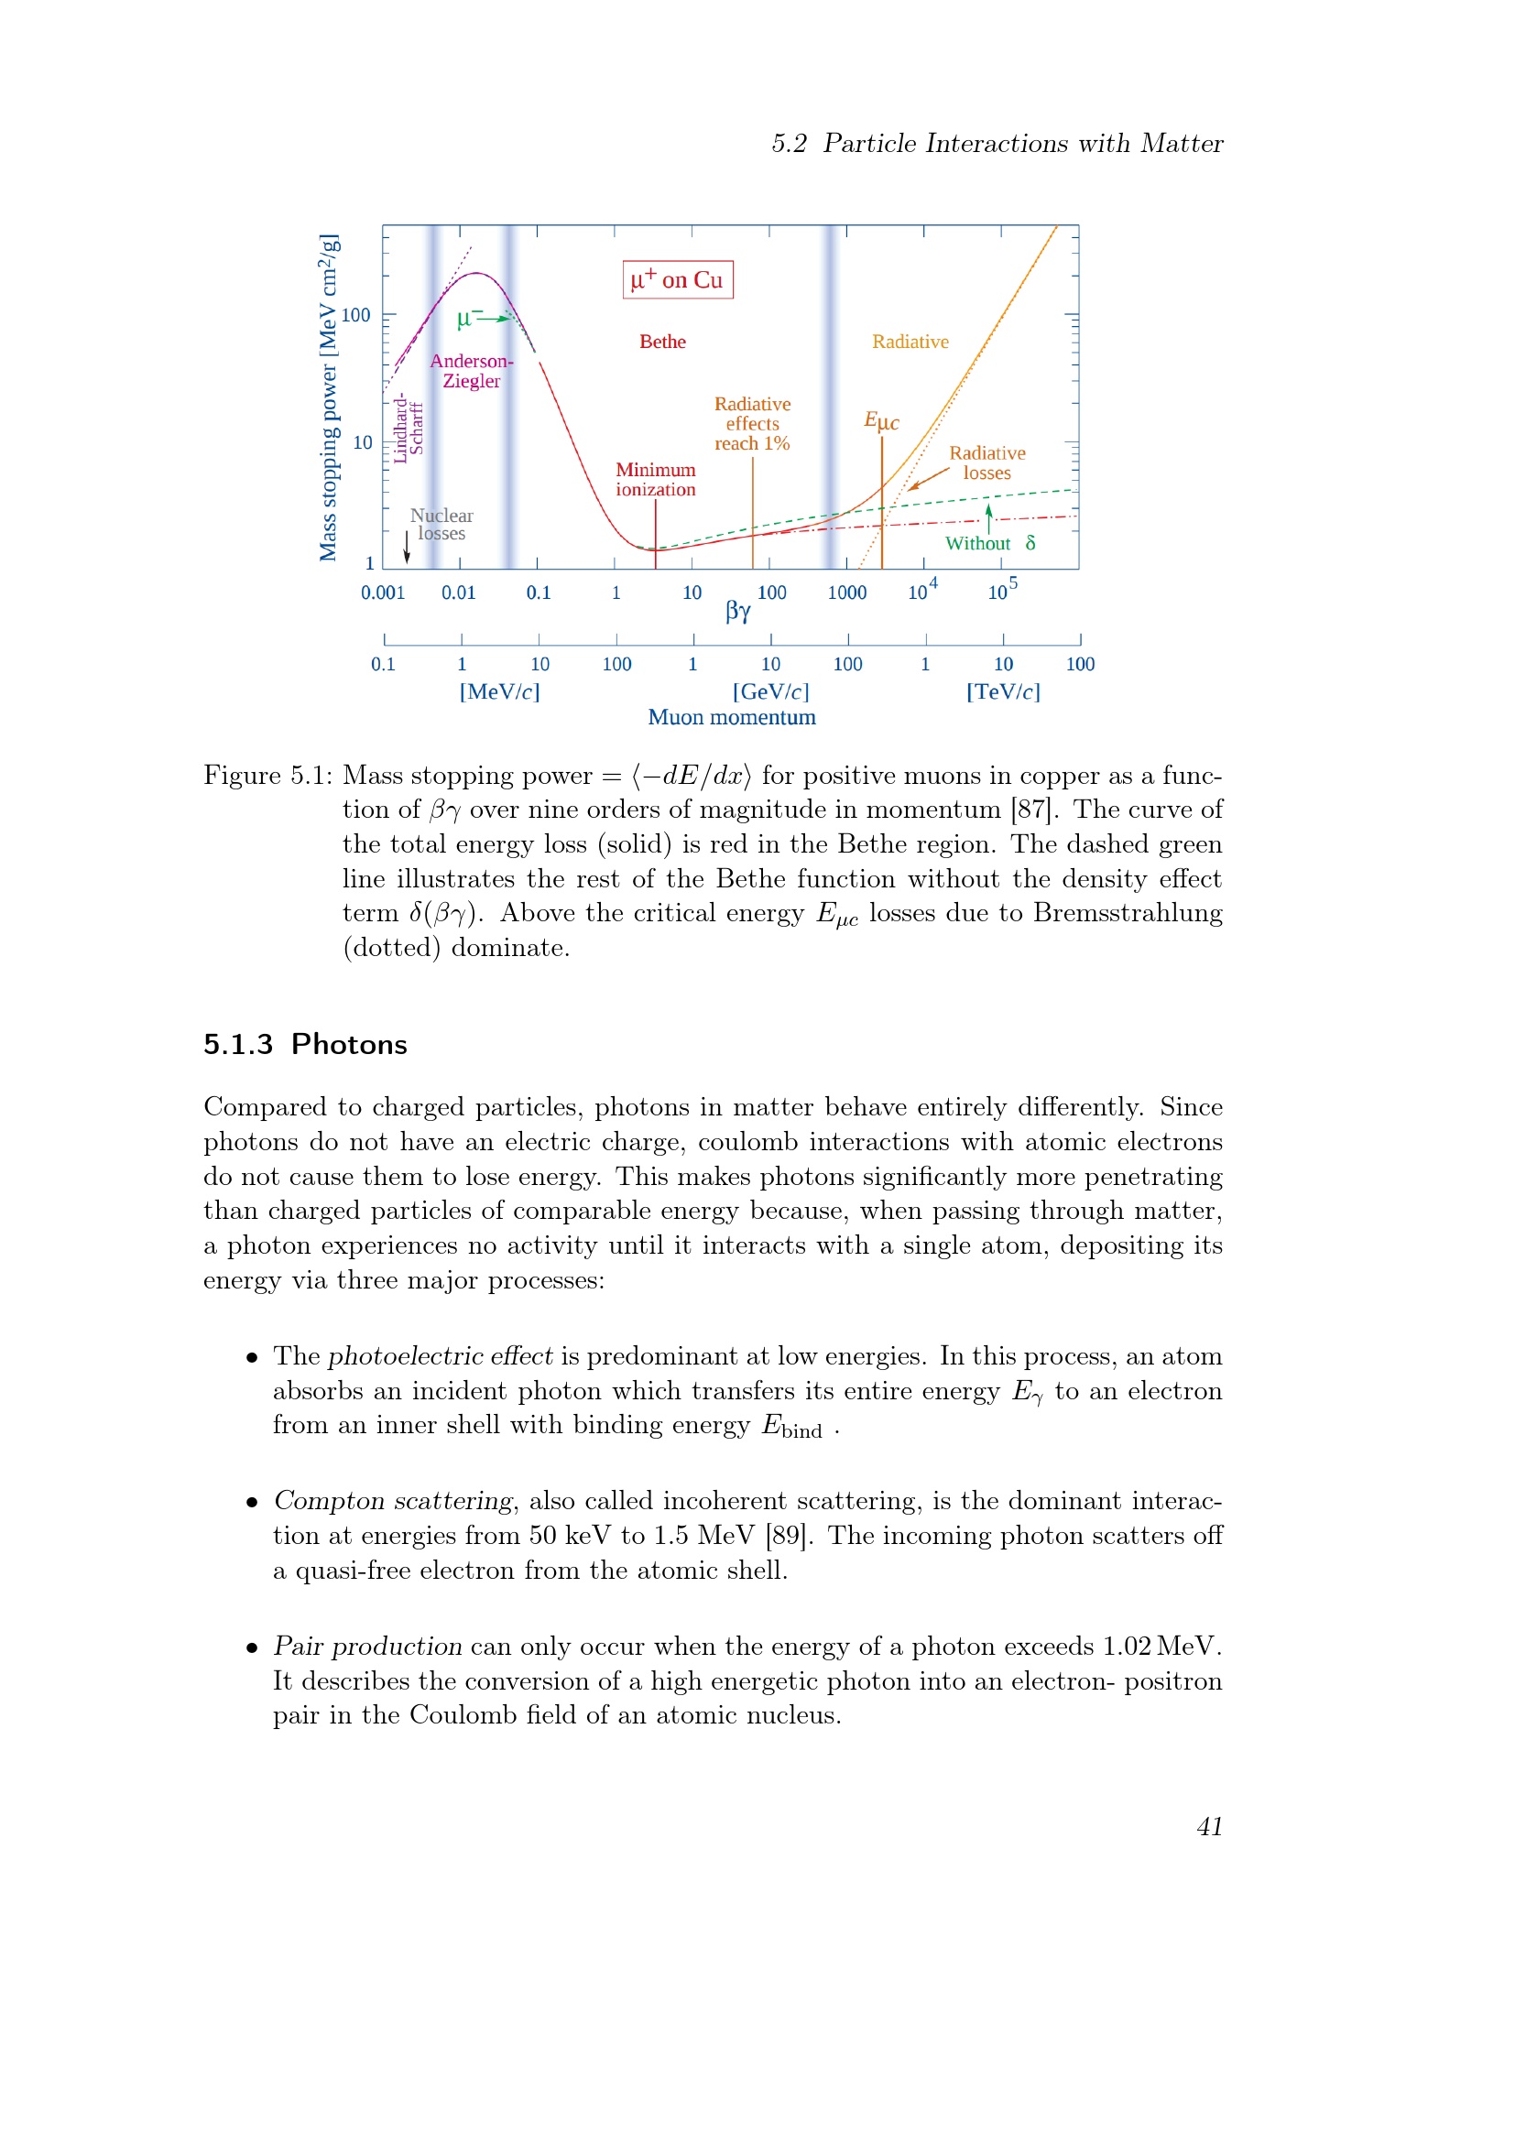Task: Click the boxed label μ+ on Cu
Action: (x=677, y=280)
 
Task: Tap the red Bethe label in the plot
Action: (x=662, y=343)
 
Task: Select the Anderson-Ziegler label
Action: (x=471, y=371)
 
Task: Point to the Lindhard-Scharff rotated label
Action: (x=409, y=428)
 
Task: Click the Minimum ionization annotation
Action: (x=655, y=480)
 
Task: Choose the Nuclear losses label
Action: (x=441, y=525)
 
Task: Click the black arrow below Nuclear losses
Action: (x=407, y=548)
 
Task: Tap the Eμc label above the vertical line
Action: (x=880, y=420)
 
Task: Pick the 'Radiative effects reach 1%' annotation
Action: (x=752, y=424)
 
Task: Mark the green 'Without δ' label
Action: (x=990, y=544)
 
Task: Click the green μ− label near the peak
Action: (x=469, y=318)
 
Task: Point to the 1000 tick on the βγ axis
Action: (x=847, y=593)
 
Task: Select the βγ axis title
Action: (x=738, y=612)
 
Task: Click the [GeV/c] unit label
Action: (x=770, y=691)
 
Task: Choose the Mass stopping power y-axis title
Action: (x=329, y=397)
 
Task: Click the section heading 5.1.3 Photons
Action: (x=305, y=1044)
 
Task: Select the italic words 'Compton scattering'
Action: (x=393, y=1501)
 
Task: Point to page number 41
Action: (x=1209, y=1827)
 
